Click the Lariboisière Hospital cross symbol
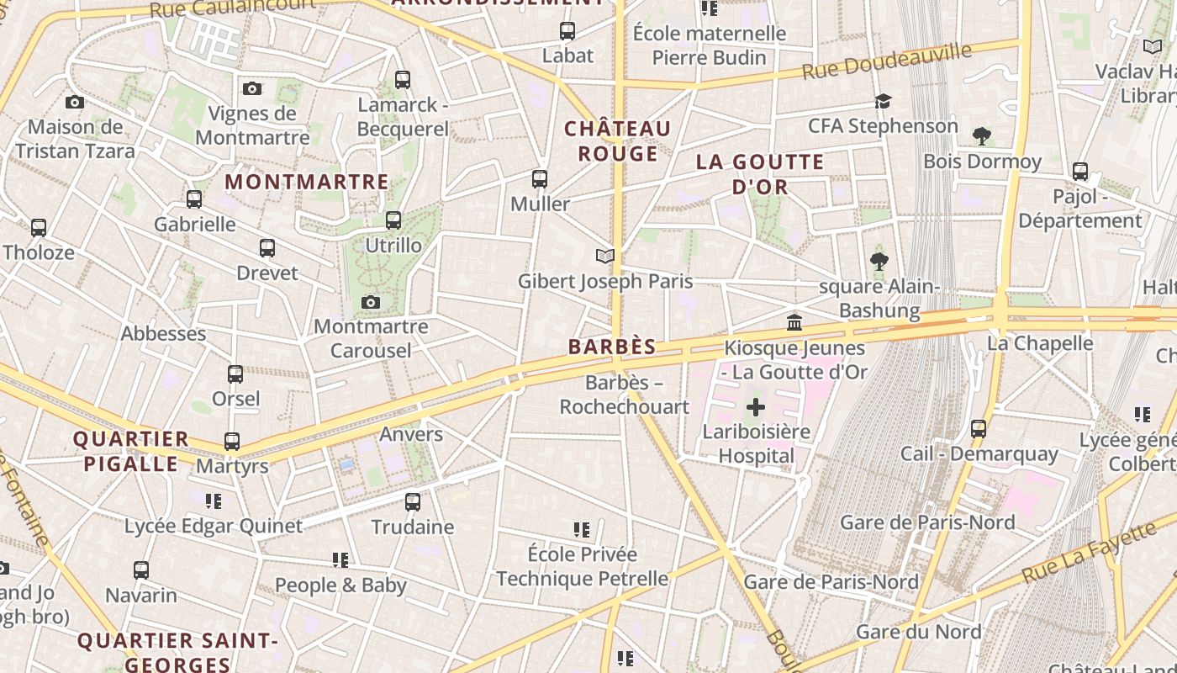(756, 408)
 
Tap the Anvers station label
(410, 434)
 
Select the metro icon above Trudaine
(413, 502)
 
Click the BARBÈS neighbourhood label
(611, 347)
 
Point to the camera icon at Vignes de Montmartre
(251, 88)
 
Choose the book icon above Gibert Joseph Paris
(604, 256)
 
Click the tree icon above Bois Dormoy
(981, 136)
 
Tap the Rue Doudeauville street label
(887, 61)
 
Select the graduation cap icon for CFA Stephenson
(883, 101)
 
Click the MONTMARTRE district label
(307, 182)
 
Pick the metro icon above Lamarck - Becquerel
(403, 80)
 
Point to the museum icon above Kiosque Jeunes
(794, 322)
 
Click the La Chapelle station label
(1039, 343)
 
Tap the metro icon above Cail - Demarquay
(979, 429)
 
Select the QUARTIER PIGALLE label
(130, 451)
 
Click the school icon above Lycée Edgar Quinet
(214, 501)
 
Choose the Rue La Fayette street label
(1089, 553)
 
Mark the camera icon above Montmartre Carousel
(371, 302)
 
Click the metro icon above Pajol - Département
(1080, 172)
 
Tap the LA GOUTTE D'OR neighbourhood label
(760, 174)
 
